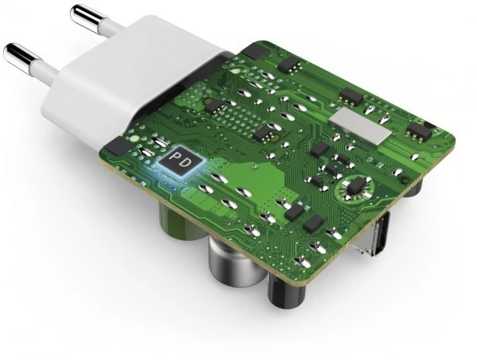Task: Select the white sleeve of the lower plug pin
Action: [45, 71]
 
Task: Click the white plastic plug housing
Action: [128, 79]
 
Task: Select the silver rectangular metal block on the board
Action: [360, 126]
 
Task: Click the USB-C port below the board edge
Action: [374, 234]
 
